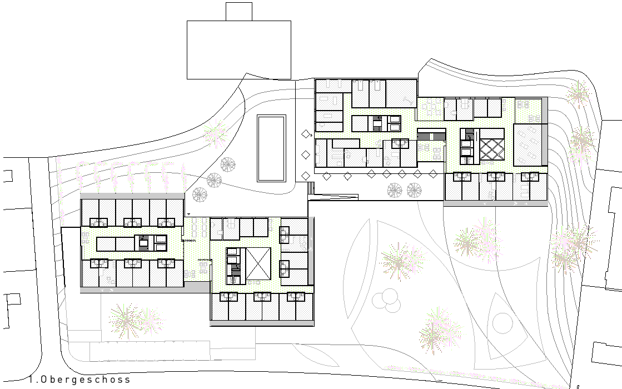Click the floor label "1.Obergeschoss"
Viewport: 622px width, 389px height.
(x=79, y=380)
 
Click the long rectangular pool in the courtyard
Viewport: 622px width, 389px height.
(x=271, y=148)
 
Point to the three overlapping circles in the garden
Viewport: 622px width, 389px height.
(x=385, y=298)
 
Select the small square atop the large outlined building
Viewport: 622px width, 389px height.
(x=239, y=12)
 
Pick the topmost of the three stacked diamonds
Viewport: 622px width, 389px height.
(x=306, y=134)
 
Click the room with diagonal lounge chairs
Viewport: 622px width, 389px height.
(x=528, y=144)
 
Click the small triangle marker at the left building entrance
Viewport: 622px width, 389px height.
(x=189, y=214)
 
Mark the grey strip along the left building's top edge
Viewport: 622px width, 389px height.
(x=132, y=196)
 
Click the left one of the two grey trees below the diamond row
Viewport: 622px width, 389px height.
(x=394, y=191)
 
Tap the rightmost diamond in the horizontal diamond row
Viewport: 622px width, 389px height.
(x=433, y=174)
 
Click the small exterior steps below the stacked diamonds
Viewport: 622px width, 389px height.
(x=311, y=188)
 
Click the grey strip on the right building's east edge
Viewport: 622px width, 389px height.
(x=545, y=131)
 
